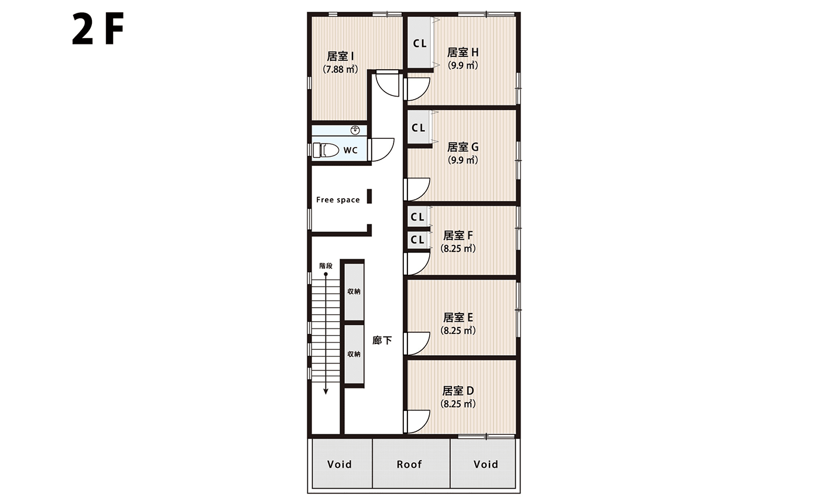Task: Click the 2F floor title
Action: (x=98, y=29)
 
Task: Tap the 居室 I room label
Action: (x=341, y=56)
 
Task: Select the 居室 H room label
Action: (x=463, y=52)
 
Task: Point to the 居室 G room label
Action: (x=463, y=147)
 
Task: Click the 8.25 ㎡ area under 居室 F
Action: (x=458, y=248)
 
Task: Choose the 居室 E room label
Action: (x=458, y=318)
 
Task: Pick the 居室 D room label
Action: (x=458, y=391)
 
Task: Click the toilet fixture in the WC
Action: (x=326, y=150)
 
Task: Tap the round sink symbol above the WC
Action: (x=355, y=130)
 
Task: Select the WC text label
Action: (x=351, y=150)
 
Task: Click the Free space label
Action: (x=338, y=200)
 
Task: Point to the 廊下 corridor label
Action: (x=382, y=340)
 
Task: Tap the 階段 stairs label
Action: (x=326, y=265)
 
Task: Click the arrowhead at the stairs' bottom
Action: (x=326, y=391)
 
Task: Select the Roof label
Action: (x=409, y=464)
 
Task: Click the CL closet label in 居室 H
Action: (x=420, y=44)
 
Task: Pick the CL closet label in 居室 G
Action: (x=419, y=128)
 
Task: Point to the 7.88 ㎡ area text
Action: (x=341, y=69)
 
